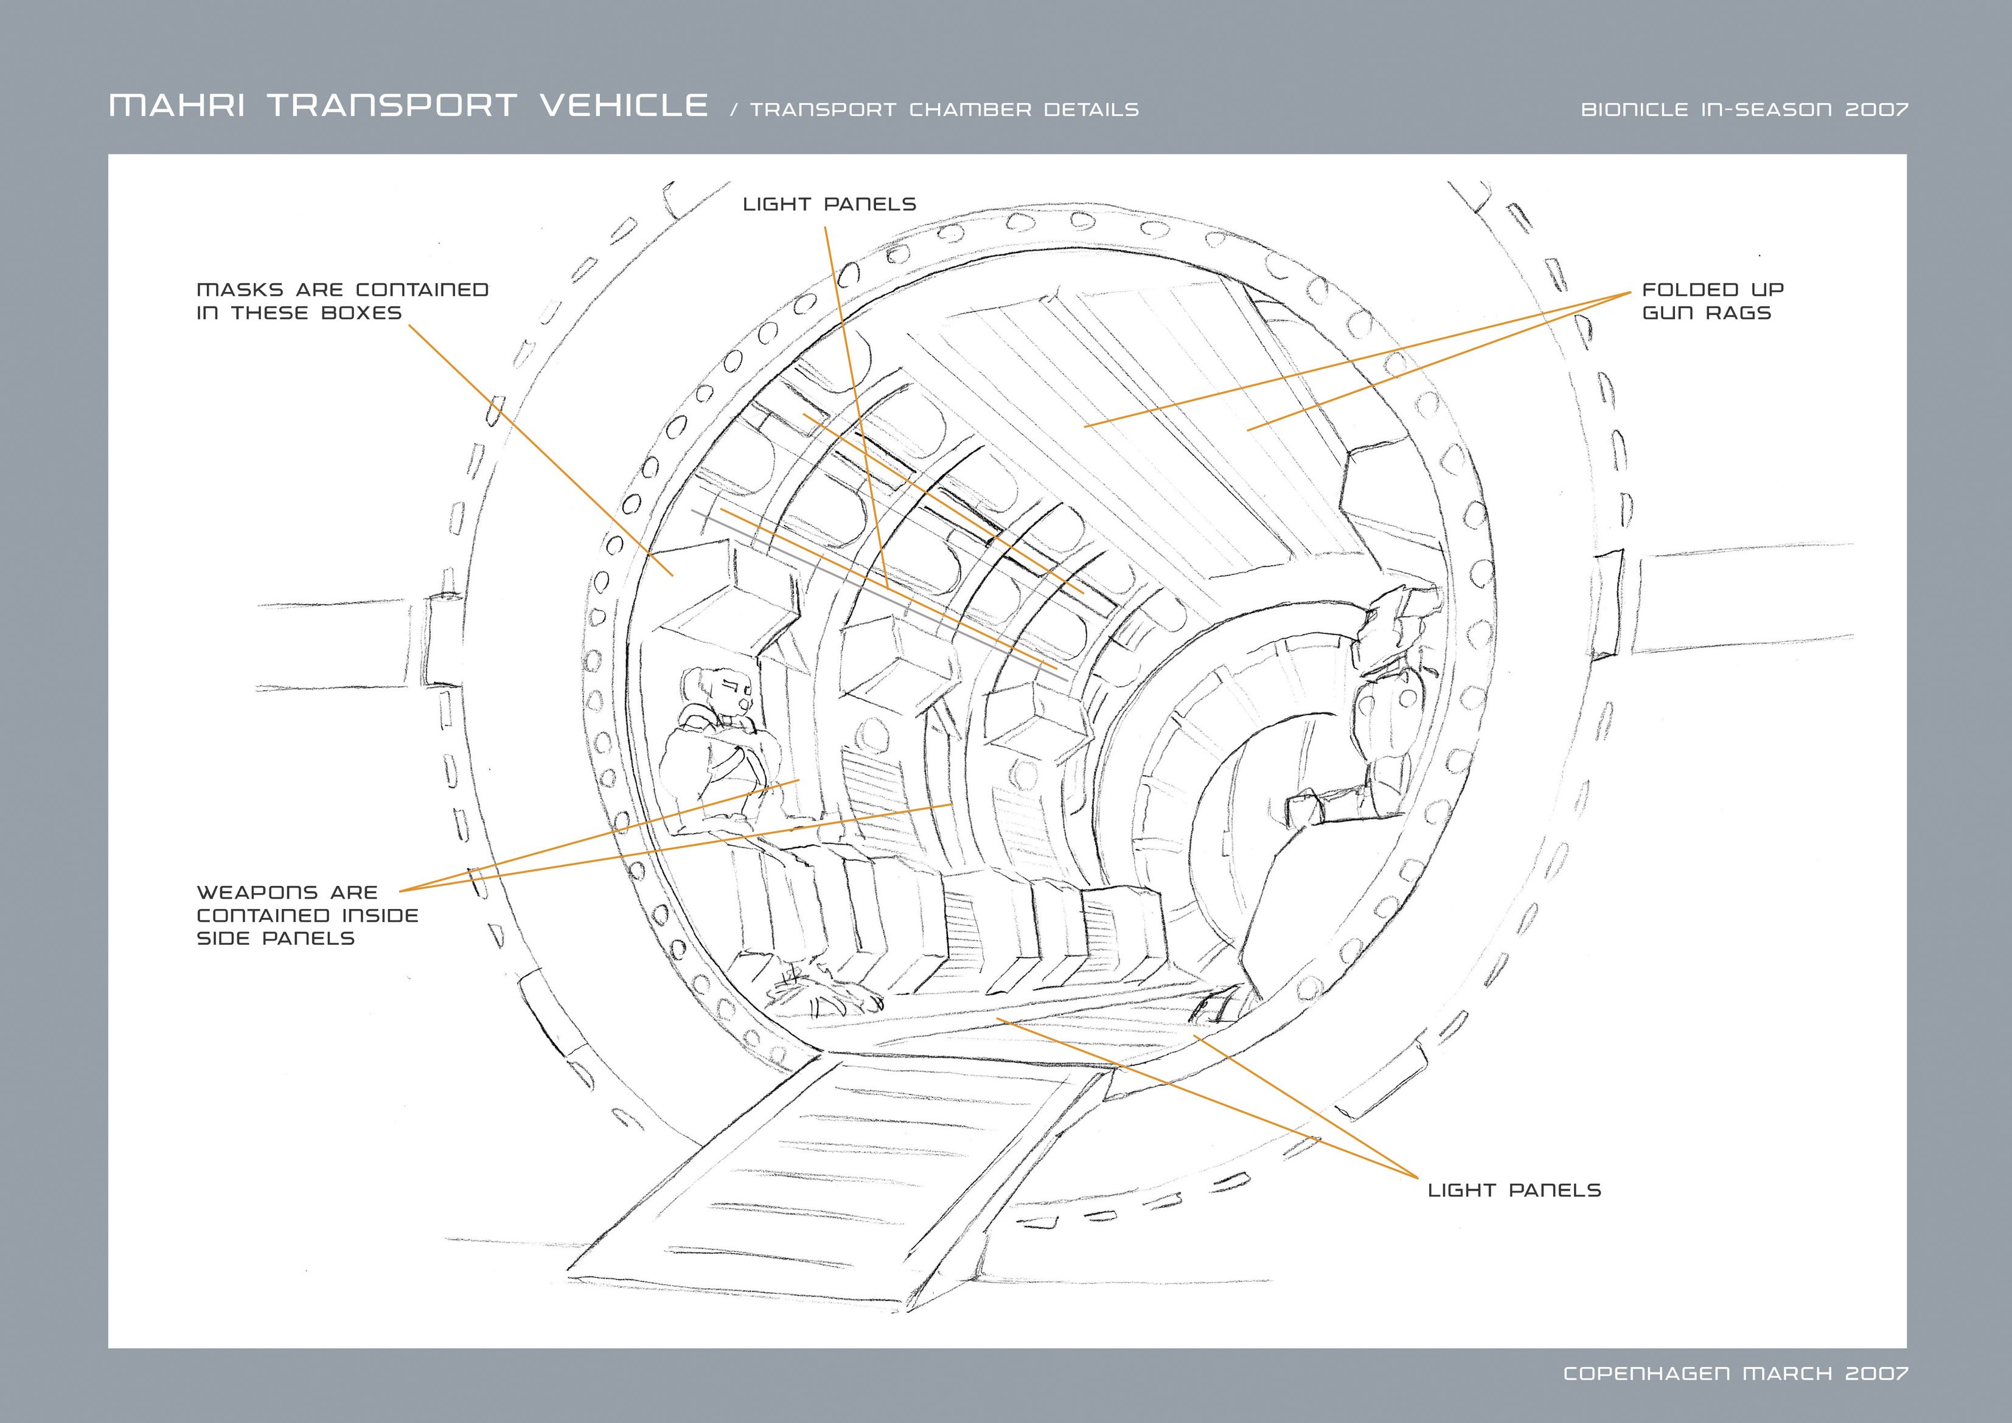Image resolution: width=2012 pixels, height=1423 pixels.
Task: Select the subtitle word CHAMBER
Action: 970,110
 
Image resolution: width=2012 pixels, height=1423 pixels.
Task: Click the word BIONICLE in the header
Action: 1634,110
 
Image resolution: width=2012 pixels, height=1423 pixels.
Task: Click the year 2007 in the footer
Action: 1876,1373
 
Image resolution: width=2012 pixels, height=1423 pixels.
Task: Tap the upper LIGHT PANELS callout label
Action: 829,204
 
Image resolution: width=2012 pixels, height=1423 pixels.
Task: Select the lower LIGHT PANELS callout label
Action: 1514,1190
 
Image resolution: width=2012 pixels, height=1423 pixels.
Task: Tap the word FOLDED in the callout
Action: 1690,290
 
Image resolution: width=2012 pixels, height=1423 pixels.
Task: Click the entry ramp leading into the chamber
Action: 841,1174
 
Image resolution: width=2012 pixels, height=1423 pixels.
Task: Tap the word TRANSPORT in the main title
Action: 392,105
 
